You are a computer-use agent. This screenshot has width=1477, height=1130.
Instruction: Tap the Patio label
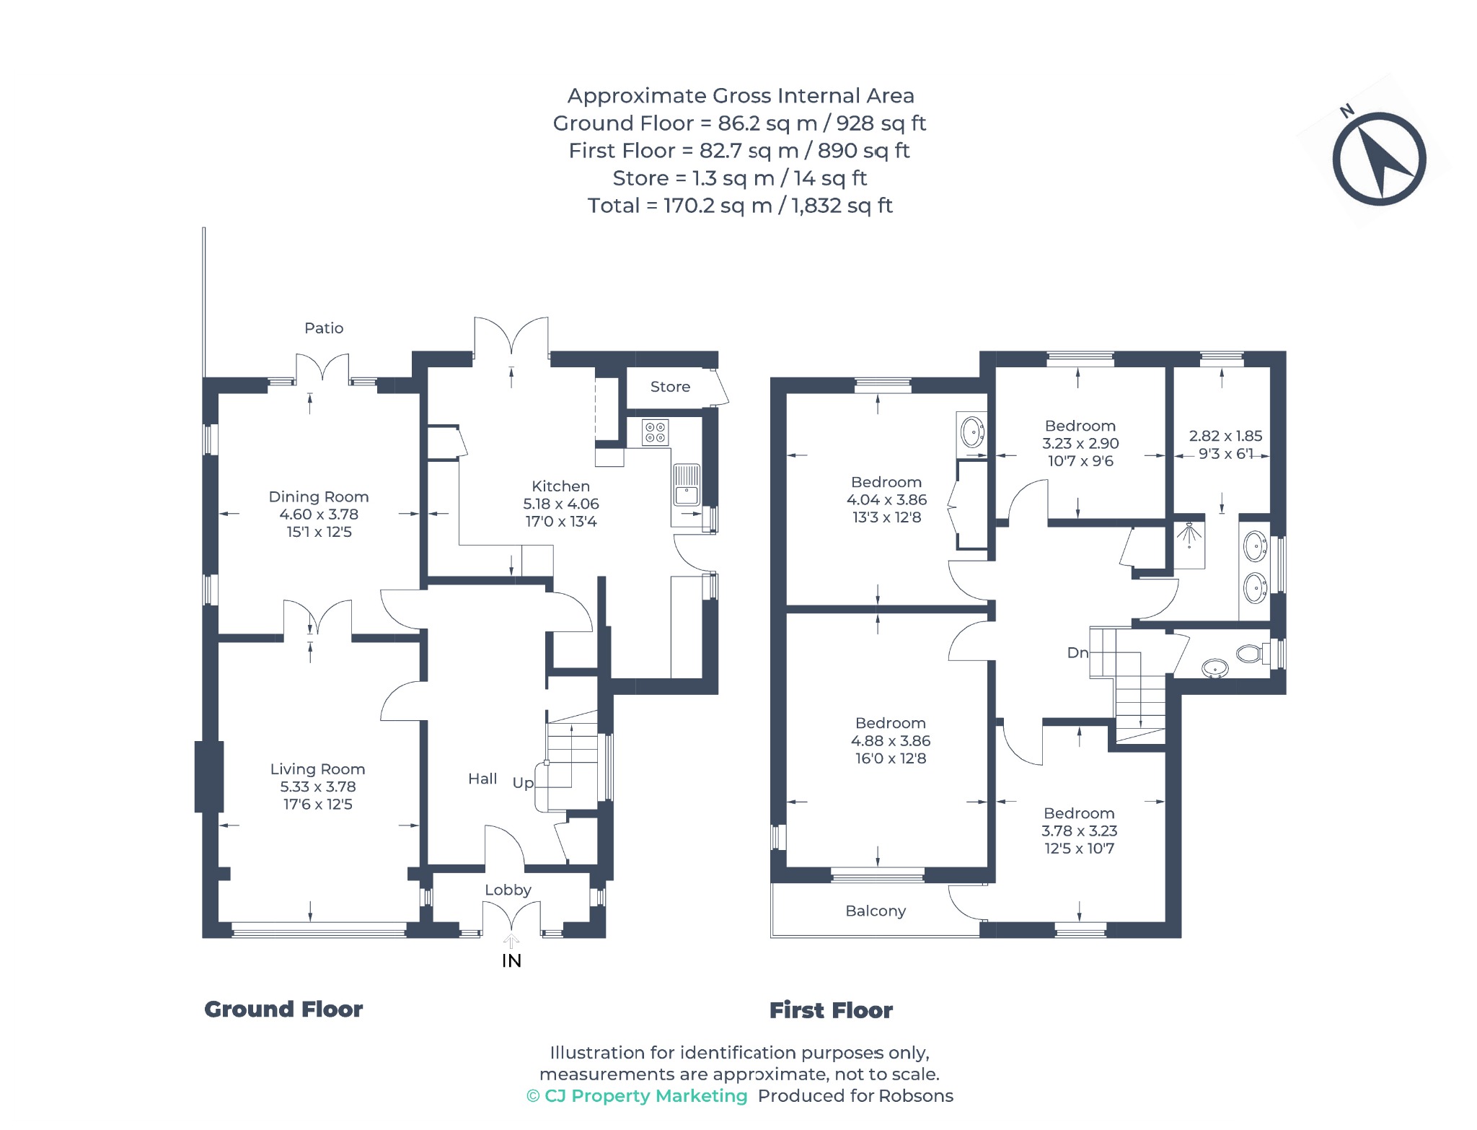click(x=324, y=328)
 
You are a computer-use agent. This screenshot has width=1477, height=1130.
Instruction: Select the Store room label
click(x=670, y=387)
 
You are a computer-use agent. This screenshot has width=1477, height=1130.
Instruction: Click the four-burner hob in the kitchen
click(x=655, y=432)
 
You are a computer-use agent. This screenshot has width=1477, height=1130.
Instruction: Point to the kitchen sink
click(x=686, y=485)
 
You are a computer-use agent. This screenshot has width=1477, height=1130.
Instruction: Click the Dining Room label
click(x=319, y=496)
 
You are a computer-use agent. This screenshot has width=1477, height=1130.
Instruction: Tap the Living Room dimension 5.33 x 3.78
click(x=318, y=787)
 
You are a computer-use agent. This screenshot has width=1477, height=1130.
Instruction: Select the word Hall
click(x=482, y=779)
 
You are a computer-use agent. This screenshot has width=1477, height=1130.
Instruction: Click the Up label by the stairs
click(x=523, y=783)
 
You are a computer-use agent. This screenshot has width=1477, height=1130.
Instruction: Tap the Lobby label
click(x=508, y=890)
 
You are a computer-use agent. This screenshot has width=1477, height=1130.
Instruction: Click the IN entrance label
click(x=511, y=960)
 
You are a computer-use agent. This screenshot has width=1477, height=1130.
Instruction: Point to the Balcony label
click(x=876, y=911)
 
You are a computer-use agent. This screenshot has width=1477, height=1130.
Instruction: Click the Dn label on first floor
click(x=1077, y=652)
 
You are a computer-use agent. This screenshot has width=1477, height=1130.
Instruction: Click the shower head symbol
click(x=1189, y=535)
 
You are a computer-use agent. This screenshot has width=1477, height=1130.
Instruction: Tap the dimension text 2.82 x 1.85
click(x=1225, y=436)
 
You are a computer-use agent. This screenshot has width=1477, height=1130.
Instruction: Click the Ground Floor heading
click(x=283, y=1009)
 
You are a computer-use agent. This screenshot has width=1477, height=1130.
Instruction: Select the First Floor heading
click(x=831, y=1010)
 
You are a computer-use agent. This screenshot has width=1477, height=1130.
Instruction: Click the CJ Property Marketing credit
click(x=638, y=1096)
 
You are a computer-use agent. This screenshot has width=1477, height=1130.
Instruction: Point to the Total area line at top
click(x=740, y=206)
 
